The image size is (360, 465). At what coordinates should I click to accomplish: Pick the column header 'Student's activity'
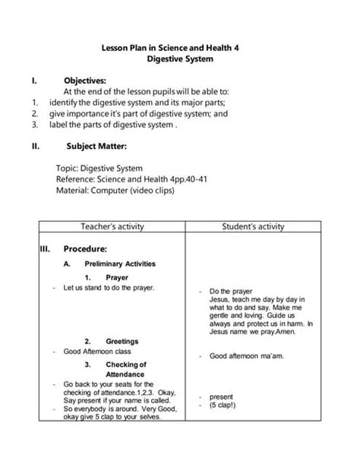click(253, 226)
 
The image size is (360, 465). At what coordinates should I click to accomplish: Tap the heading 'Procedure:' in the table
click(85, 248)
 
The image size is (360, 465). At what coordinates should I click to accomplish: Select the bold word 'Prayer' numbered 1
click(117, 277)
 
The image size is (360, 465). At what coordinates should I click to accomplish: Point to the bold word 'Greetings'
click(122, 341)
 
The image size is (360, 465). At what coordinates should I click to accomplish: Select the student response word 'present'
click(222, 396)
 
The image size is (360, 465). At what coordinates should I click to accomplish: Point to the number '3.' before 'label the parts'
click(35, 126)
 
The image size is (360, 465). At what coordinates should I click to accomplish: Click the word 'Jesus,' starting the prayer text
click(222, 299)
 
